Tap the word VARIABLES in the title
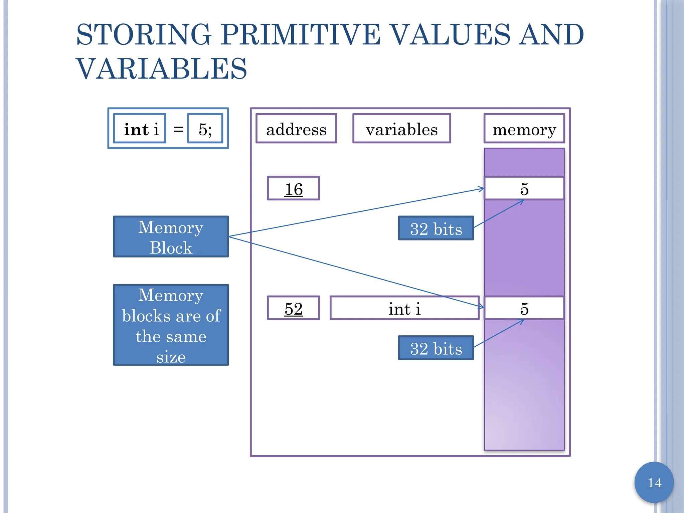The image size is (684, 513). (162, 69)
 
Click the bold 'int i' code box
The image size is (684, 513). (140, 129)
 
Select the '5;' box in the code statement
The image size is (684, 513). (205, 129)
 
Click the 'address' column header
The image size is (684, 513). (296, 129)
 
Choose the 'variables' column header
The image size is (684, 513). (401, 129)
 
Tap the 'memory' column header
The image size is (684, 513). (524, 129)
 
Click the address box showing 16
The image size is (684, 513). (293, 189)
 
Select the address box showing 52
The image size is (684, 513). (293, 308)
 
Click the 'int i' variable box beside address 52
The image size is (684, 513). (404, 308)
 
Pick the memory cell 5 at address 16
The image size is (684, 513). (524, 189)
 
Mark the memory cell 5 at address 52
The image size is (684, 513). (524, 308)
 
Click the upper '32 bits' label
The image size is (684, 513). (436, 229)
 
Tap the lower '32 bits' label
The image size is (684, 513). (436, 348)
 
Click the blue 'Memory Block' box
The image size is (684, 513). (171, 237)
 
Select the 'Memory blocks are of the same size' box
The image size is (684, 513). (171, 325)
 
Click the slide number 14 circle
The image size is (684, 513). (654, 483)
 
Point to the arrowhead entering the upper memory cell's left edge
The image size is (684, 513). (482, 189)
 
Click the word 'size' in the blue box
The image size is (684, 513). (171, 357)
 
